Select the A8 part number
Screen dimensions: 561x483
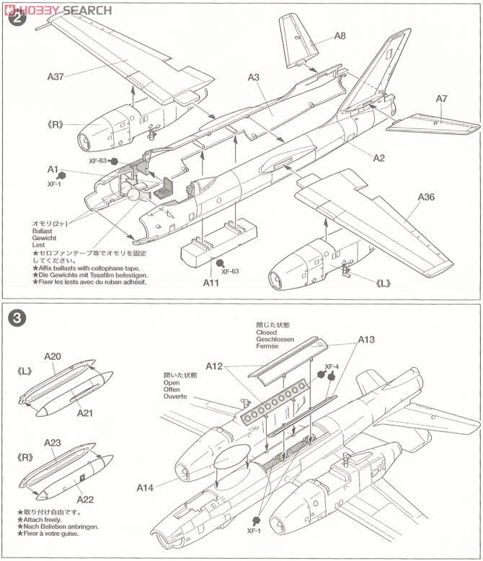[340, 35]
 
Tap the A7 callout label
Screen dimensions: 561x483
[441, 98]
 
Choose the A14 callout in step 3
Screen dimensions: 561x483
[146, 487]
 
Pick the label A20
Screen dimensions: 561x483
[52, 356]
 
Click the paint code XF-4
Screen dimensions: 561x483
[332, 366]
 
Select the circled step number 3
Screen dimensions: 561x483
[17, 316]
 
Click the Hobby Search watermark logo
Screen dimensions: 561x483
[58, 9]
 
